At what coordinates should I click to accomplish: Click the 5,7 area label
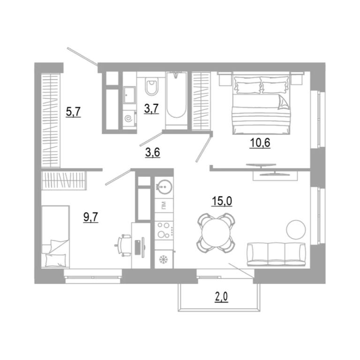click(73, 112)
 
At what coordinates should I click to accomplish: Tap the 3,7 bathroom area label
click(151, 108)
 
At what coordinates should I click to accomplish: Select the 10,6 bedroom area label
click(260, 143)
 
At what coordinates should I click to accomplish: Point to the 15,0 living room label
click(222, 201)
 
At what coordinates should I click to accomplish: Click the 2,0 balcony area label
click(222, 297)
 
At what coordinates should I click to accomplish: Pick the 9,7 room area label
click(90, 217)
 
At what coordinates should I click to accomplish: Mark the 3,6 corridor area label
click(152, 152)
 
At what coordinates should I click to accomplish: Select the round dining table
click(216, 232)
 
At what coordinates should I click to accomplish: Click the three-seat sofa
click(276, 255)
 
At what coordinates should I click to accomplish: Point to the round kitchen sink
click(164, 186)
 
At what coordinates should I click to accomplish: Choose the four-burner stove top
click(164, 230)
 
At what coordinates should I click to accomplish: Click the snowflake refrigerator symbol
click(164, 259)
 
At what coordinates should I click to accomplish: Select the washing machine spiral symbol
click(128, 119)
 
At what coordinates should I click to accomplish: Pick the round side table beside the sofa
click(296, 230)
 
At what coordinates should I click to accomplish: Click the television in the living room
click(261, 165)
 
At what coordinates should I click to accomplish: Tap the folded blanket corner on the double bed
click(283, 102)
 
